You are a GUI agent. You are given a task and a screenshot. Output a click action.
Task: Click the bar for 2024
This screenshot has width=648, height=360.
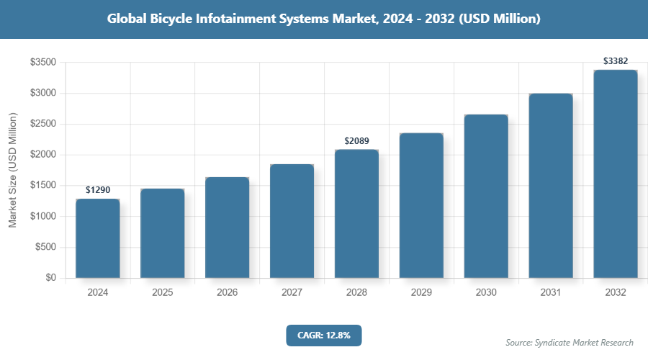click(97, 238)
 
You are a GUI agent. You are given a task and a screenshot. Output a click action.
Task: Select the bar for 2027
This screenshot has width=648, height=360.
click(292, 221)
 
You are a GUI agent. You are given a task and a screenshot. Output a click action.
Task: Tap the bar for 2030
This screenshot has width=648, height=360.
click(486, 196)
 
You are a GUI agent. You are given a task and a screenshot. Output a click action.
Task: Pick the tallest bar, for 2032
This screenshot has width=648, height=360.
click(616, 174)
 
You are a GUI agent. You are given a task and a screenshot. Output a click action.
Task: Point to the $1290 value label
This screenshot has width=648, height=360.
click(98, 190)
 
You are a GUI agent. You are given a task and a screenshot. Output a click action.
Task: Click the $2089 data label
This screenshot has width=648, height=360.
click(356, 141)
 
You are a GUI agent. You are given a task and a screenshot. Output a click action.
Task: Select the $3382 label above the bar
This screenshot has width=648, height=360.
click(616, 61)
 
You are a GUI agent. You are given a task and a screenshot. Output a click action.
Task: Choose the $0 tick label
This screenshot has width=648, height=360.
click(51, 278)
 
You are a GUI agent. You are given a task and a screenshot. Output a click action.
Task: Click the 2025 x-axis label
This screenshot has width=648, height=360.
click(162, 293)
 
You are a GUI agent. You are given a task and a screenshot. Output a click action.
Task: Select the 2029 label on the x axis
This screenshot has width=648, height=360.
click(421, 293)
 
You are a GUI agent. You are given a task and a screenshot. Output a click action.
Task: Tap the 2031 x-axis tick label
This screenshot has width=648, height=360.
click(551, 293)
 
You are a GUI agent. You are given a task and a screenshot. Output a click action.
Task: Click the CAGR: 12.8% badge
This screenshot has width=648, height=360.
click(323, 335)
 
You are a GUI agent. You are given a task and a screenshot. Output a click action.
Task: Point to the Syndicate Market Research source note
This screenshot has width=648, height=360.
click(570, 342)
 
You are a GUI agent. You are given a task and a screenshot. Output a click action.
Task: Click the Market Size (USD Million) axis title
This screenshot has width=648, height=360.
click(12, 170)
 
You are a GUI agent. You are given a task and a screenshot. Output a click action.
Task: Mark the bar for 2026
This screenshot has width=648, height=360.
click(227, 228)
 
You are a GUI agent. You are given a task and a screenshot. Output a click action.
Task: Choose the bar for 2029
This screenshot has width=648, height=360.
click(421, 205)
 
